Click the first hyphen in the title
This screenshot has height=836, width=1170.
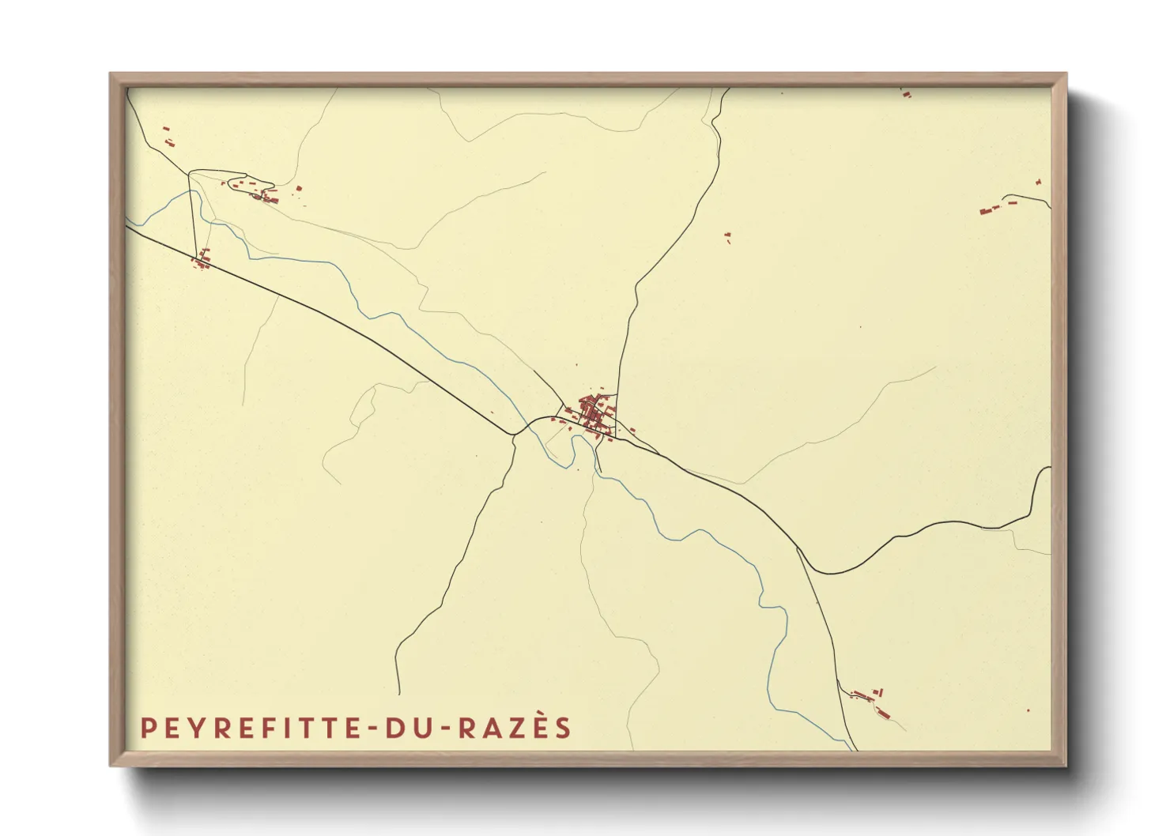372,729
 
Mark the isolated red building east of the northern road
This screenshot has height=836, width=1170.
727,235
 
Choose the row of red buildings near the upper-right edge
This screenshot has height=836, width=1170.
998,207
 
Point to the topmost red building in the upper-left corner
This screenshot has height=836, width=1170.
166,128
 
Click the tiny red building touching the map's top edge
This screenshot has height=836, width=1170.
906,93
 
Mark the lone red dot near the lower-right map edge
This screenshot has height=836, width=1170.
1028,710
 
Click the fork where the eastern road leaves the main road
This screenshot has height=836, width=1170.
797,546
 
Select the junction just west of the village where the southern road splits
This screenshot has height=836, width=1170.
515,434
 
